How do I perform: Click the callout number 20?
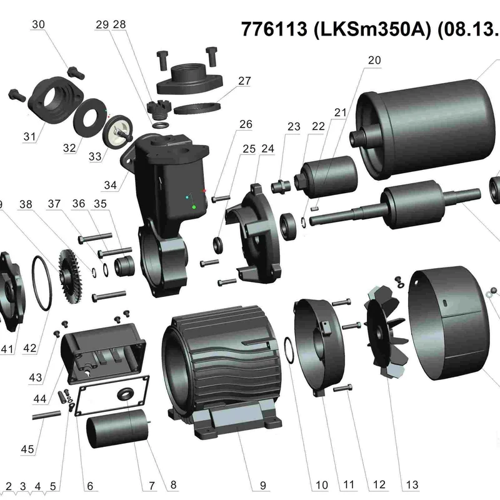click(374, 60)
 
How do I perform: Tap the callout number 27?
click(244, 81)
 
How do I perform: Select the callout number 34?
click(111, 185)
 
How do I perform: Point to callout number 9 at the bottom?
click(262, 486)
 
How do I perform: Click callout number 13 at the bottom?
click(412, 485)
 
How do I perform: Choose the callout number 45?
click(27, 449)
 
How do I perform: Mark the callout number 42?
click(29, 348)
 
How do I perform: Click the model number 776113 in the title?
click(274, 29)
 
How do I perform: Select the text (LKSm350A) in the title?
click(372, 29)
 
